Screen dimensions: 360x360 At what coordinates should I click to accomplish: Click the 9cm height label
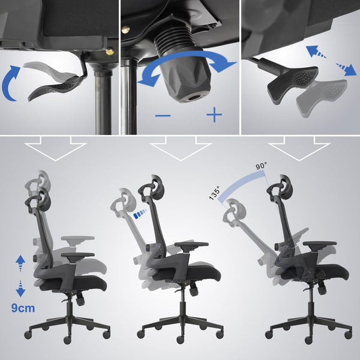tap(23, 308)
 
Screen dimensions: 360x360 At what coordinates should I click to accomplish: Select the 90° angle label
tap(262, 166)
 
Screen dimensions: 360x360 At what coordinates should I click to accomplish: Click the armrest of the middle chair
tap(191, 245)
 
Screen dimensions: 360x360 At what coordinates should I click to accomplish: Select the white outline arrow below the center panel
tap(179, 149)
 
